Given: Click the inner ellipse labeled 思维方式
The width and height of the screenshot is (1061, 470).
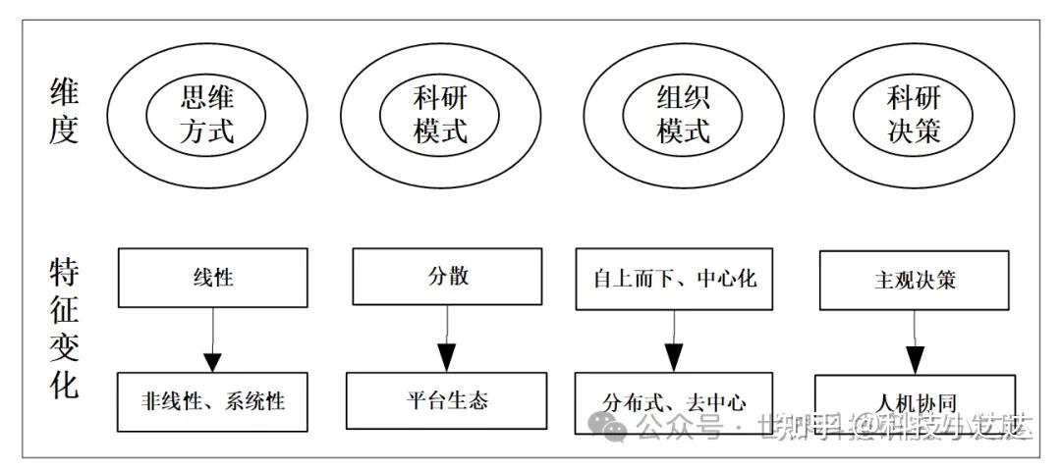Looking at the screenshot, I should click(x=207, y=115).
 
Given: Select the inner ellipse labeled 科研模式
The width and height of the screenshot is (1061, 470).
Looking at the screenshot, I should click(x=440, y=115).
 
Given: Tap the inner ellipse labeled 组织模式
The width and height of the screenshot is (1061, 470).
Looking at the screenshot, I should click(x=682, y=115).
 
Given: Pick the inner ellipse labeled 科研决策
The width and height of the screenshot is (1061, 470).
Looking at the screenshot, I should click(x=913, y=115).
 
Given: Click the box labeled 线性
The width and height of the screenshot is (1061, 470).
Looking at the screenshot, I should click(x=214, y=277).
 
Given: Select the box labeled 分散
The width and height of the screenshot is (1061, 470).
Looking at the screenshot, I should click(x=448, y=276).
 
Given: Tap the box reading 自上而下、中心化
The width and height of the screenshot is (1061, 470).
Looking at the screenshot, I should click(x=674, y=278).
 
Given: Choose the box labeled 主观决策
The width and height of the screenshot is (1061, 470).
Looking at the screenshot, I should click(x=915, y=280).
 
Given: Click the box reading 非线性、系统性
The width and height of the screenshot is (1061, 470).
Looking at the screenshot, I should click(x=214, y=400).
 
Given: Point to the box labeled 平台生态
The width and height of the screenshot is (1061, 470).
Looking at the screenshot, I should click(x=447, y=399).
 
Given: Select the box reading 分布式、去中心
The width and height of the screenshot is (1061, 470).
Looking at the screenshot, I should click(x=674, y=402).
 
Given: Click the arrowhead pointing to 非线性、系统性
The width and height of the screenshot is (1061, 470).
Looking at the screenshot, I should click(x=214, y=359).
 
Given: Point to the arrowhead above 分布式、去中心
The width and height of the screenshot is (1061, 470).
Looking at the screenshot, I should click(x=674, y=359).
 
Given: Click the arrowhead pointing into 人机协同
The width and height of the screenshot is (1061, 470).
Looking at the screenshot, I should click(x=915, y=359).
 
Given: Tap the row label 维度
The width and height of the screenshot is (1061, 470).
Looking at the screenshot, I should click(x=64, y=113).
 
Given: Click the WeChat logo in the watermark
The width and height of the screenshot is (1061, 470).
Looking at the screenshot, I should click(x=611, y=427).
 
